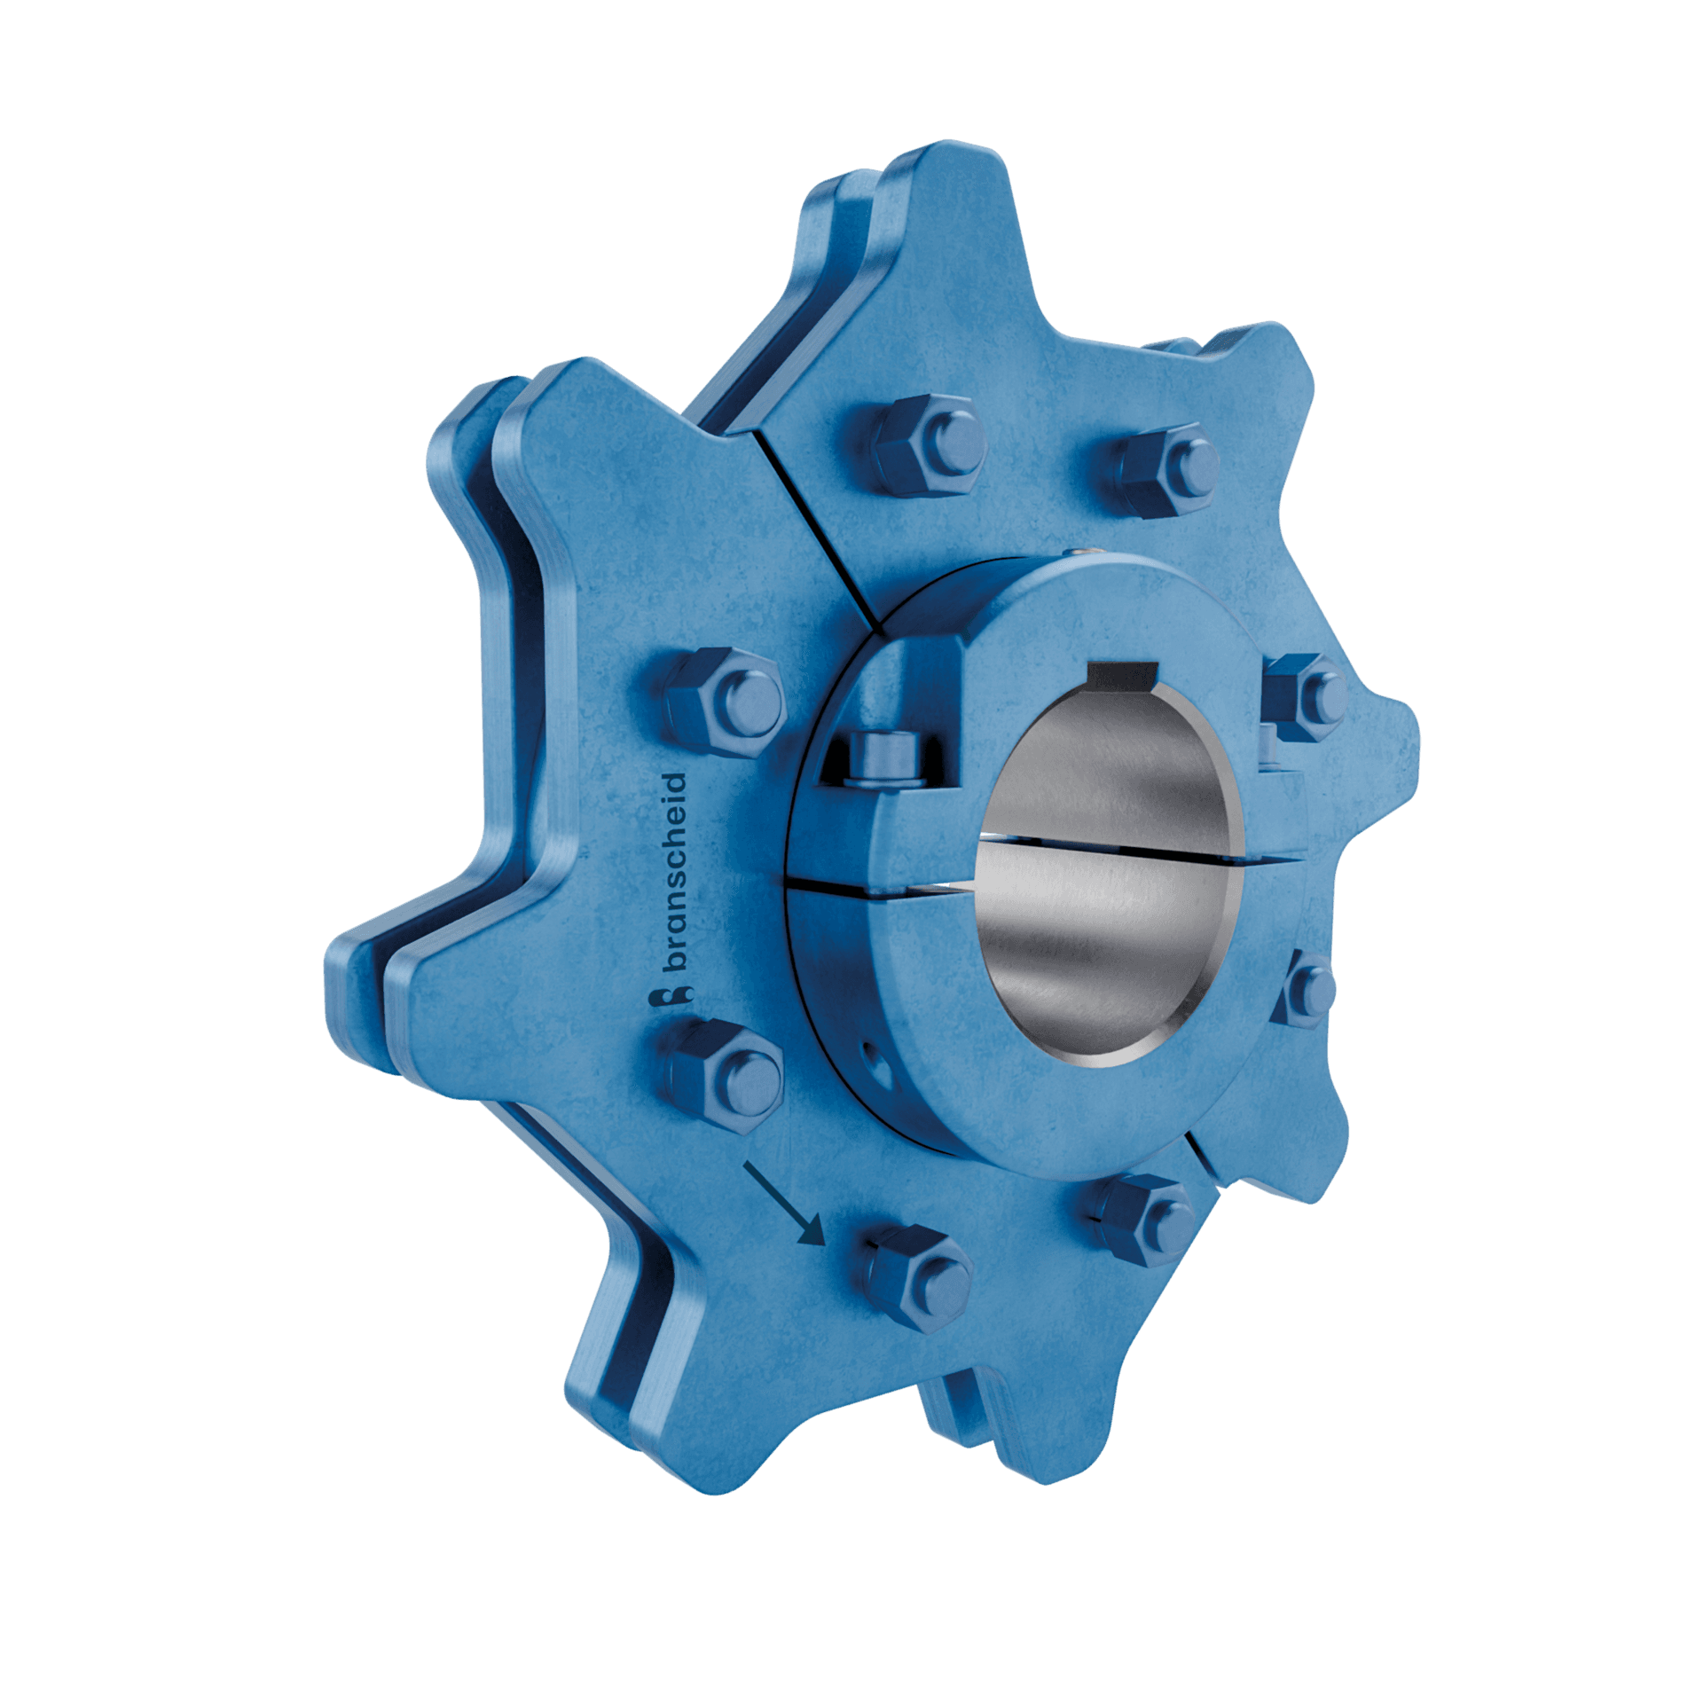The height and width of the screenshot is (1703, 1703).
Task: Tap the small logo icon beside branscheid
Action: [671, 998]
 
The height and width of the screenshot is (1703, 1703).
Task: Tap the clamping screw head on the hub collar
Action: [881, 760]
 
